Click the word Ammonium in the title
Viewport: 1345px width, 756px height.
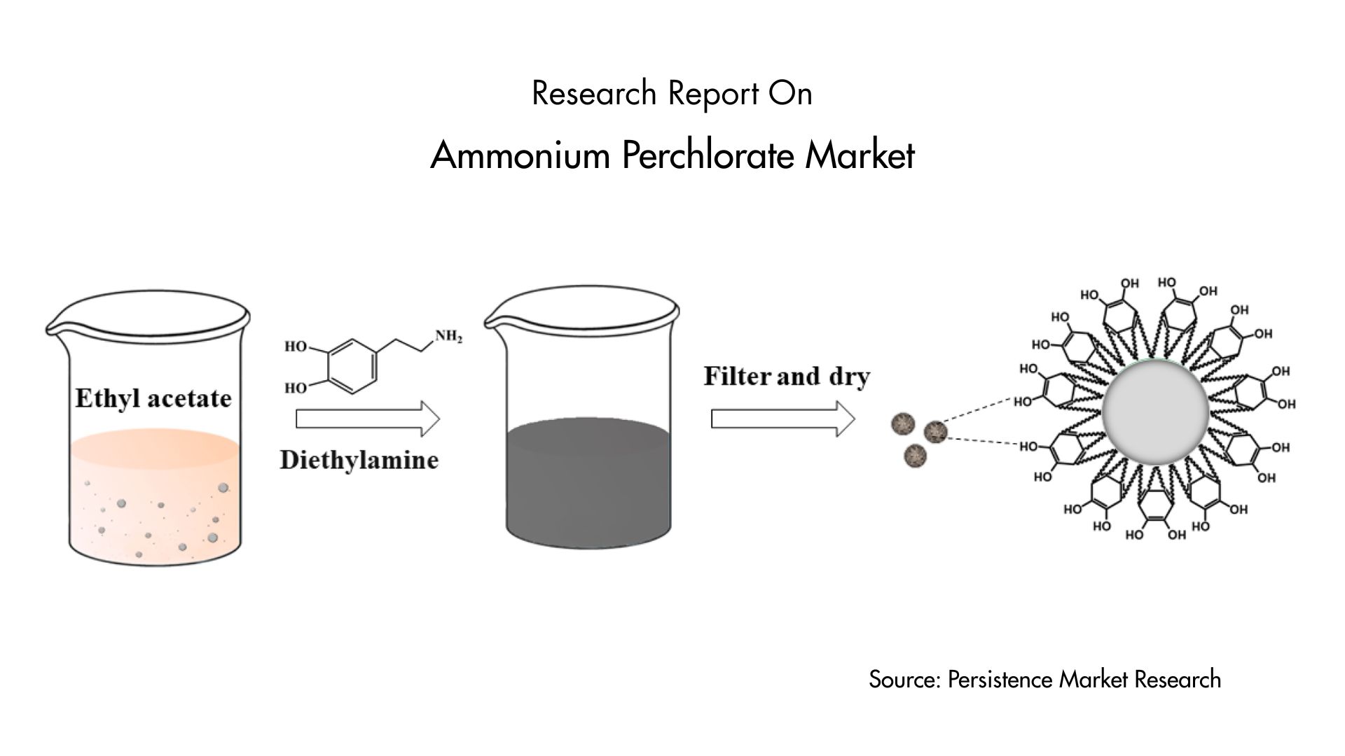pyautogui.click(x=520, y=155)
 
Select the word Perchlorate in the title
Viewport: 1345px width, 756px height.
pyautogui.click(x=708, y=155)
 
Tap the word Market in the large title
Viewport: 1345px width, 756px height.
pyautogui.click(x=860, y=155)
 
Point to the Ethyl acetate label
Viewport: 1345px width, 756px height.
pyautogui.click(x=153, y=398)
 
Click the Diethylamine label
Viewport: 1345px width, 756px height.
pyautogui.click(x=359, y=460)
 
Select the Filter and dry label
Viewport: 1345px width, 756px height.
pyautogui.click(x=787, y=377)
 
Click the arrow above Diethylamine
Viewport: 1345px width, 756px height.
pyautogui.click(x=368, y=419)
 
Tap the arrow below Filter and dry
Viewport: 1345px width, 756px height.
pyautogui.click(x=783, y=419)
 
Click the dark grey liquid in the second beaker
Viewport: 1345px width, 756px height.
pyautogui.click(x=588, y=483)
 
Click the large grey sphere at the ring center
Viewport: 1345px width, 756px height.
pyautogui.click(x=1155, y=412)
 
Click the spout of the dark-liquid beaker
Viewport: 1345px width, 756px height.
pyautogui.click(x=494, y=323)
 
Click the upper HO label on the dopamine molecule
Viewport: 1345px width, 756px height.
pyautogui.click(x=296, y=346)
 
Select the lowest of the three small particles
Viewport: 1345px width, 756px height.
pyautogui.click(x=915, y=456)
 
